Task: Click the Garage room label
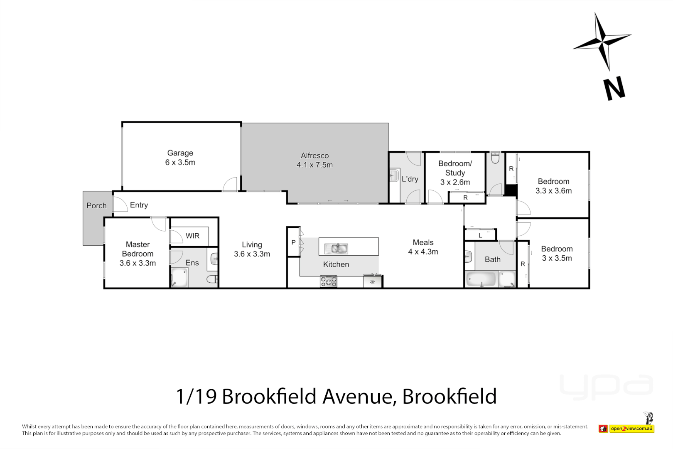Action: pos(180,153)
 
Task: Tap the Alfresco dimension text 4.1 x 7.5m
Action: pos(314,165)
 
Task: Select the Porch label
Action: pos(96,206)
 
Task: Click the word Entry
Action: pos(139,205)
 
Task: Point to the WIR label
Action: pos(192,236)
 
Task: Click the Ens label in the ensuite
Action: pos(192,263)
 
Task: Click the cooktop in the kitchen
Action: pos(328,281)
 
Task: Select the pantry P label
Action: pos(293,242)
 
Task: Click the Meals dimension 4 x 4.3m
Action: pos(423,252)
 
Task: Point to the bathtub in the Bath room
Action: pos(481,279)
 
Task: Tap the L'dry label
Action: pos(410,179)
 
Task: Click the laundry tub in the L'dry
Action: pos(394,175)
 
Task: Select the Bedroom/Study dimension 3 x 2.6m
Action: pos(455,183)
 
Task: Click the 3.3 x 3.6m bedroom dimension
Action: pos(553,191)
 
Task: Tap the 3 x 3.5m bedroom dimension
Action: pos(557,258)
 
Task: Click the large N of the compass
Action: pos(614,88)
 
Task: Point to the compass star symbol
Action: pos(602,41)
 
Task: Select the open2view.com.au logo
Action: pos(631,429)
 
